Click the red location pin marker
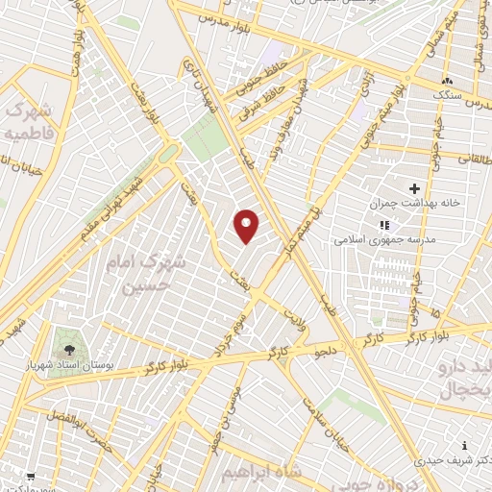coord(247,226)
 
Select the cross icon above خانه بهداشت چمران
coord(415,189)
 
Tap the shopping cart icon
coord(32,476)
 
